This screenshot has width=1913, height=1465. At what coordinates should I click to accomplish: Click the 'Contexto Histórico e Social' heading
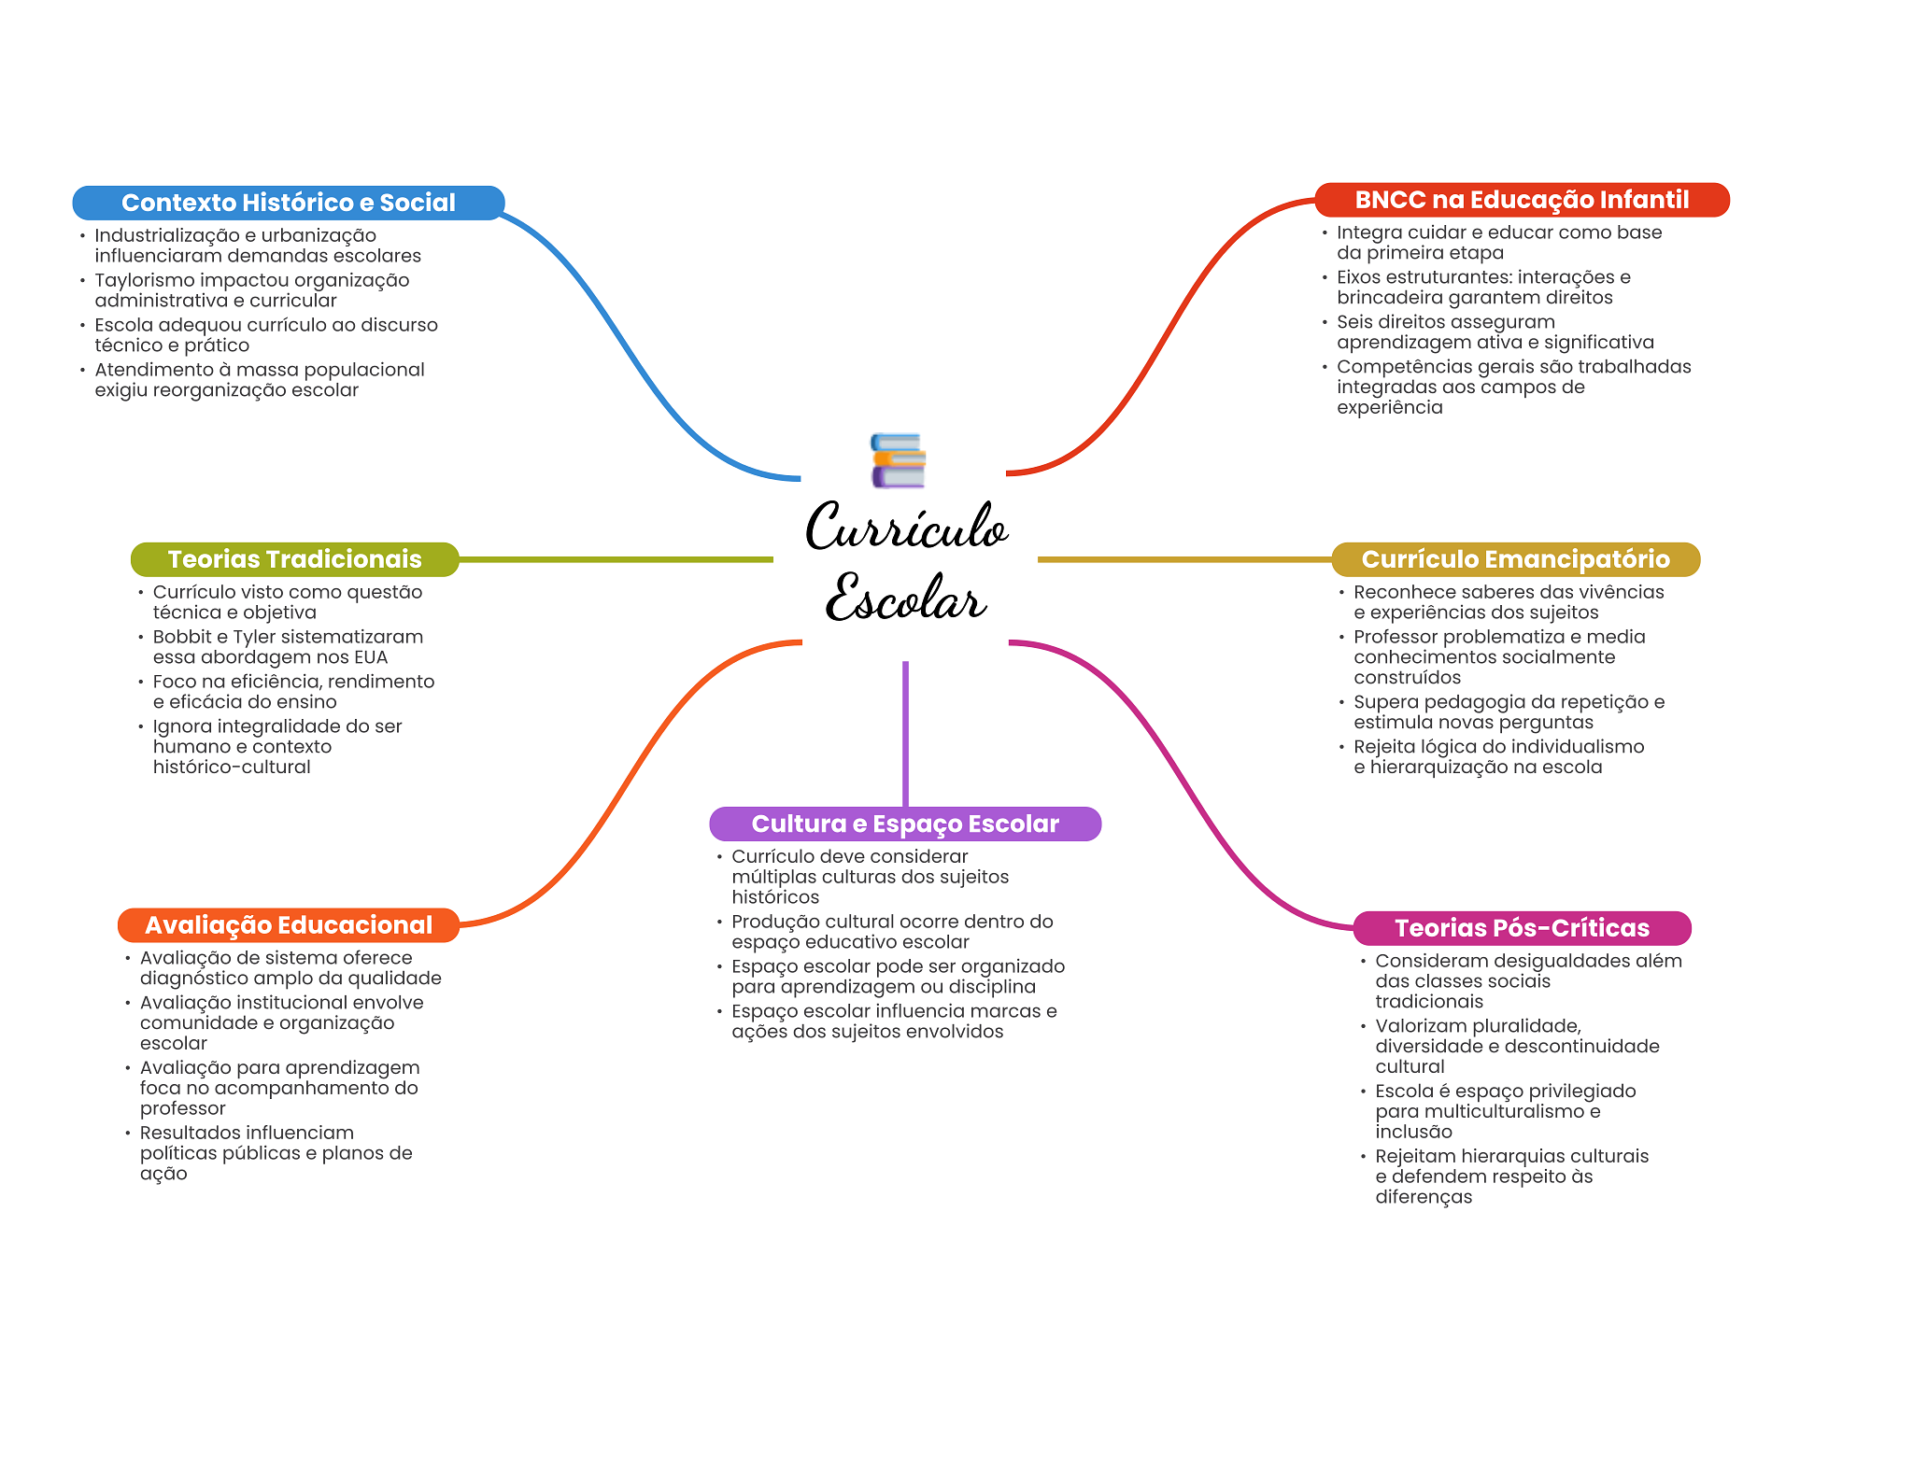coord(288,203)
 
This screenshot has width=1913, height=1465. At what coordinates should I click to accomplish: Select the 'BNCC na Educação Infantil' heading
coord(1522,200)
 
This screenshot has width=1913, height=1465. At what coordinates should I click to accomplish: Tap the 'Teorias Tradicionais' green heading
coord(294,559)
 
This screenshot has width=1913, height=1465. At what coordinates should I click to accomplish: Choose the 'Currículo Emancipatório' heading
coord(1515,559)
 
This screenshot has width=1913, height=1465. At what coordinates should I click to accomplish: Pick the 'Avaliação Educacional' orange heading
coord(289,925)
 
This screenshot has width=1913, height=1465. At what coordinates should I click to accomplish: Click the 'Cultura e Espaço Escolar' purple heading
coord(905,824)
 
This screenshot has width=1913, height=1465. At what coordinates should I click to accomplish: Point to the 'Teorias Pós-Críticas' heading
coord(1522,928)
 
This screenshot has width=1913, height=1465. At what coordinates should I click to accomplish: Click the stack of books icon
coord(898,460)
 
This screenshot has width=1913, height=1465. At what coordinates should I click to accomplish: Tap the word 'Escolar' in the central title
coord(905,598)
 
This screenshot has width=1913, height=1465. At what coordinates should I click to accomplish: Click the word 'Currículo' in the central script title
coord(906,528)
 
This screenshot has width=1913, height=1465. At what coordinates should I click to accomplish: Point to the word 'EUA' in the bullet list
coord(370,657)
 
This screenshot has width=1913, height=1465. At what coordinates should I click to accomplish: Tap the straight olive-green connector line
coord(616,560)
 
